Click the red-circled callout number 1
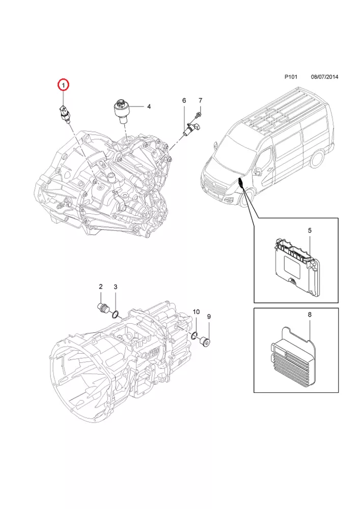pos(63,85)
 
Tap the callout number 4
pos(149,107)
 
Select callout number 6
pos(184,101)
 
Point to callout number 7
pos(200,100)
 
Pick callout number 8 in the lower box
pos(309,316)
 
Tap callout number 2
pos(101,287)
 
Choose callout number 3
pos(116,287)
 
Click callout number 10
pos(196,311)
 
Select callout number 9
pos(208,317)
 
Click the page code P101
pos(291,77)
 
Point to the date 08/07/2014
pos(324,77)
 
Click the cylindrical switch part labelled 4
pos(121,110)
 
